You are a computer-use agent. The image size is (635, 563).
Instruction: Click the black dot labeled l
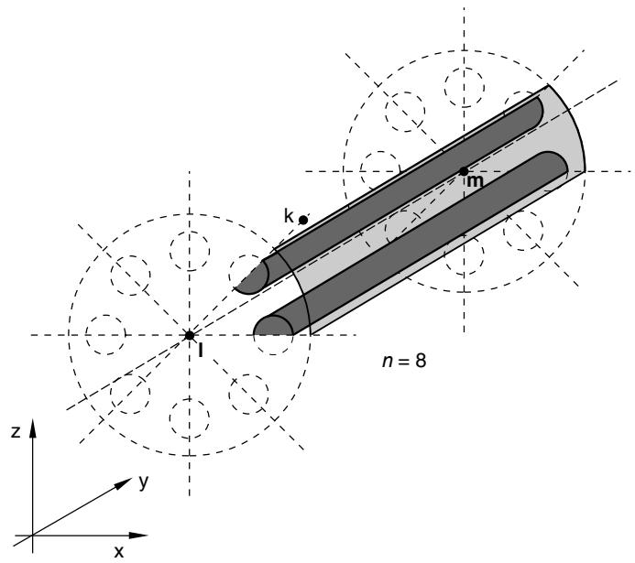(x=189, y=335)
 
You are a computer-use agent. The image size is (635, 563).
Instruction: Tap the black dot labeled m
(x=464, y=171)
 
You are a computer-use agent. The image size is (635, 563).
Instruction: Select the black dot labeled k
(x=303, y=220)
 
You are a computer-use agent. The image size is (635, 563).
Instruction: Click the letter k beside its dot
(x=289, y=216)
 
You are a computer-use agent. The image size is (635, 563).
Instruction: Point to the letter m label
(x=475, y=182)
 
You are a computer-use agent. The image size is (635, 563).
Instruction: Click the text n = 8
(x=404, y=360)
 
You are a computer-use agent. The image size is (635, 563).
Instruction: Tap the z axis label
(x=16, y=432)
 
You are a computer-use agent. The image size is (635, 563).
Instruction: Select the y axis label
(x=143, y=482)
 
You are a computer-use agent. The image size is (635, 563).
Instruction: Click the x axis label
(x=118, y=552)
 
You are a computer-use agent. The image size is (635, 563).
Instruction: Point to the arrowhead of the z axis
(x=32, y=428)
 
